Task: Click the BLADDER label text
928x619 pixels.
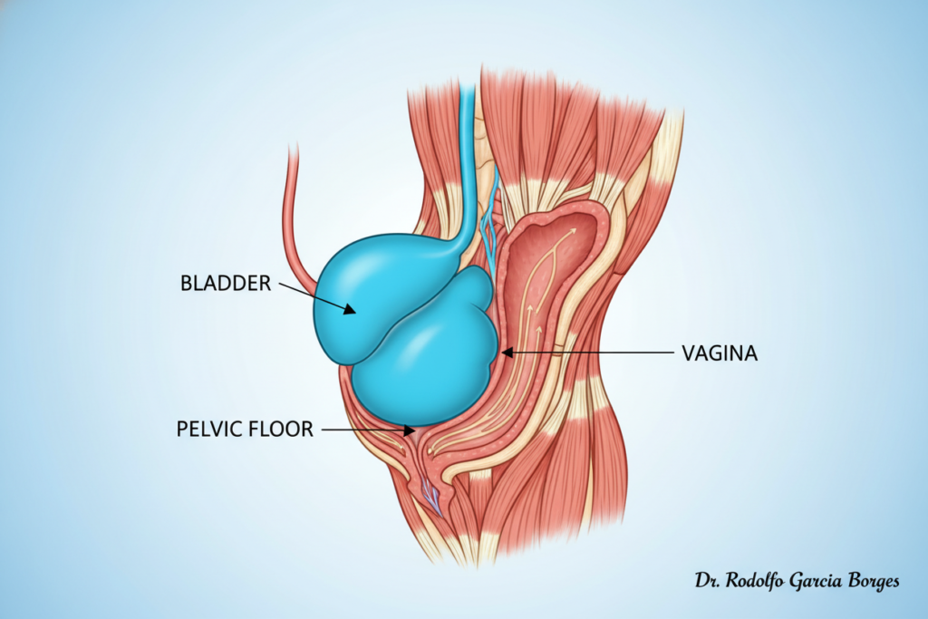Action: (x=226, y=283)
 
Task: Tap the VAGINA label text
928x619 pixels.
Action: (x=720, y=353)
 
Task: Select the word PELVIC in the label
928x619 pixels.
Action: (x=208, y=429)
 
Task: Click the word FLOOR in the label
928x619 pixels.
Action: (x=279, y=429)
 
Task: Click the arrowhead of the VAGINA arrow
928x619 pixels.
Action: (x=507, y=353)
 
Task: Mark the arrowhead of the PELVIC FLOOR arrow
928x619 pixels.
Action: (x=409, y=430)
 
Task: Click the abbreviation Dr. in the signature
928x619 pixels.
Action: (x=708, y=581)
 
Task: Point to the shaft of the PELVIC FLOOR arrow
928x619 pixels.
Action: (x=362, y=430)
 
